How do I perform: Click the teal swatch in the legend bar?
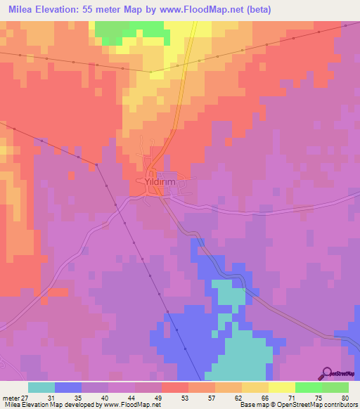click(x=41, y=387)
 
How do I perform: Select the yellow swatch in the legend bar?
click(x=281, y=387)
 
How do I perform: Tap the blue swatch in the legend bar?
click(x=68, y=387)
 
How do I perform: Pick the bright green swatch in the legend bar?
click(x=308, y=387)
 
